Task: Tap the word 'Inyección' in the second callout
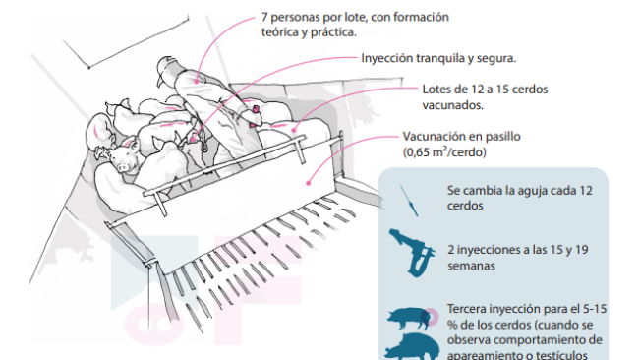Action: tap(387, 58)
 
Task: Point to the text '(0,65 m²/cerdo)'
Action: tap(444, 152)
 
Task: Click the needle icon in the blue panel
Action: tap(409, 201)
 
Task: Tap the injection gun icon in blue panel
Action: tap(413, 253)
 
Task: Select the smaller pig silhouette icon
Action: tap(409, 318)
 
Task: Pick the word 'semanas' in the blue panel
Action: tap(471, 266)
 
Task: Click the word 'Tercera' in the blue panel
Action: tap(466, 309)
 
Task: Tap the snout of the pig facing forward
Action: tap(122, 166)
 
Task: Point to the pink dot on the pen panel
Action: tap(309, 184)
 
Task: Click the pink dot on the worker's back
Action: tap(196, 81)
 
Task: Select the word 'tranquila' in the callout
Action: tap(440, 58)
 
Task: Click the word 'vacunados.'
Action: tap(453, 105)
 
